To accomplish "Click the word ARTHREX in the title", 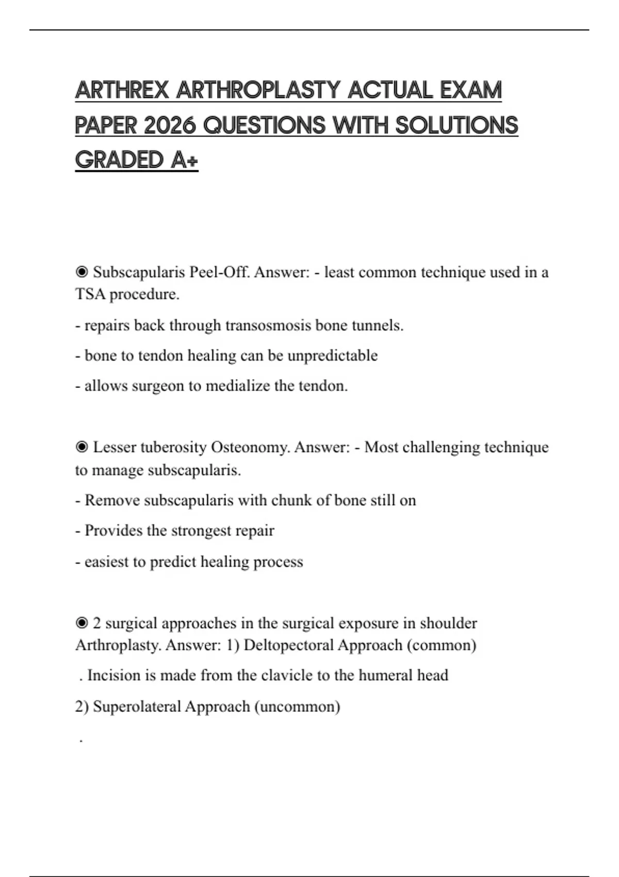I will [122, 91].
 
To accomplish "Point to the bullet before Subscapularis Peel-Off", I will [82, 272].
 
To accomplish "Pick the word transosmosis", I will [268, 326].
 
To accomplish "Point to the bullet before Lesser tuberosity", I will [82, 447].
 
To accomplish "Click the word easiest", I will [108, 561].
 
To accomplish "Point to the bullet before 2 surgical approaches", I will [82, 623].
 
